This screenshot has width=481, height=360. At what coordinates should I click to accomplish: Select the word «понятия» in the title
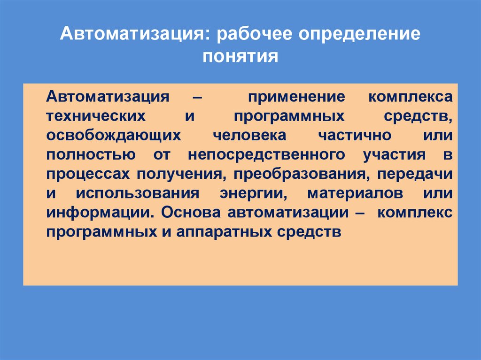(x=240, y=57)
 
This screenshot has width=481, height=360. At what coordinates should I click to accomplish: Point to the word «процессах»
(x=88, y=174)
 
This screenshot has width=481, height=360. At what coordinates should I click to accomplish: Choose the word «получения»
(x=179, y=174)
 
